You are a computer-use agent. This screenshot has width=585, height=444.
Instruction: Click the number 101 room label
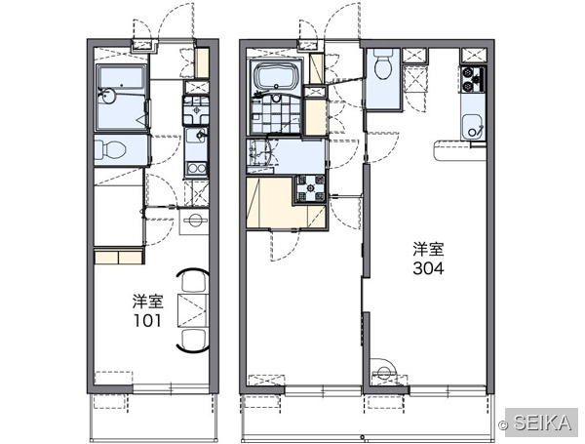[x=148, y=320]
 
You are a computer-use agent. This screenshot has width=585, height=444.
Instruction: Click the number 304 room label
[x=428, y=267]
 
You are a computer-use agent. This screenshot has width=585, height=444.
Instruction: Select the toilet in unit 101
[x=110, y=150]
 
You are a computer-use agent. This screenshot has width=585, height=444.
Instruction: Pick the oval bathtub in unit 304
[x=276, y=76]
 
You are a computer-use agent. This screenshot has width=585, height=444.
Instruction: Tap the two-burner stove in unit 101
[x=197, y=168]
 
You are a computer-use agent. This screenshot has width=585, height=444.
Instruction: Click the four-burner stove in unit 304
[x=311, y=188]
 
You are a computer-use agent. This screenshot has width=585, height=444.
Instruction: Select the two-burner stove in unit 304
[x=473, y=79]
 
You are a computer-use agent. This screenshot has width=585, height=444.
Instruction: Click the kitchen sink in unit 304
[x=473, y=127]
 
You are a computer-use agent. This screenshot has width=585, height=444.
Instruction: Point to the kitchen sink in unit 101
[x=196, y=136]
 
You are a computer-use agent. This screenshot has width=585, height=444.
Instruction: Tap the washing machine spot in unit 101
[x=194, y=221]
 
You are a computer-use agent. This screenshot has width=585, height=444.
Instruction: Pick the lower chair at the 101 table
[x=194, y=340]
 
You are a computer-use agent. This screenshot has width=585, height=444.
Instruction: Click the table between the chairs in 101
[x=192, y=310]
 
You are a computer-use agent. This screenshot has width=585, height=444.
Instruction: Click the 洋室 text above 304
[x=428, y=250]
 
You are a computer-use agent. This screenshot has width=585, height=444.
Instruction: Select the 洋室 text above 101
[x=148, y=302]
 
